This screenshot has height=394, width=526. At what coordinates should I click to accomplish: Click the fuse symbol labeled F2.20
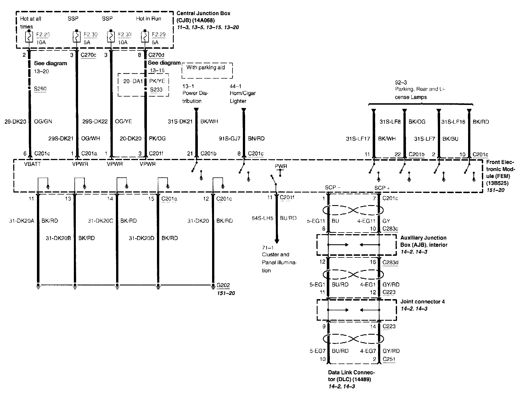(x=29, y=37)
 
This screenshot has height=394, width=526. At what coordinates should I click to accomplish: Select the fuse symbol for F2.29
(x=145, y=37)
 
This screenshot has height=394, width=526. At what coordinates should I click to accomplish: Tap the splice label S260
(x=40, y=89)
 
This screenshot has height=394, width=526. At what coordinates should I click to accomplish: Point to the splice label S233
(x=156, y=90)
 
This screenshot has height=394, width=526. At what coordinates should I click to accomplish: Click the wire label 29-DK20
(x=15, y=122)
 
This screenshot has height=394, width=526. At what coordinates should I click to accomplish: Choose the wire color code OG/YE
(x=123, y=122)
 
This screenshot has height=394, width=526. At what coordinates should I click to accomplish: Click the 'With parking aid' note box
(x=207, y=70)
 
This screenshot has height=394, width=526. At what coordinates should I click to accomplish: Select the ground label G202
(x=223, y=285)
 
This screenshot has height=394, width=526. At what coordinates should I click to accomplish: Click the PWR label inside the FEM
(x=281, y=166)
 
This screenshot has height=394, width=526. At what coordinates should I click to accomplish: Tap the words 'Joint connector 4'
(x=422, y=302)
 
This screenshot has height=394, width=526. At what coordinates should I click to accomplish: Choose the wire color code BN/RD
(x=256, y=139)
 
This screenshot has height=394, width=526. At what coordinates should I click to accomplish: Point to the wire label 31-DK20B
(x=58, y=238)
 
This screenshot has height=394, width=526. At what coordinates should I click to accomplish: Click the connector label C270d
(x=156, y=55)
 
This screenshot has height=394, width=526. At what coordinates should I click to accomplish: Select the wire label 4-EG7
(x=367, y=351)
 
